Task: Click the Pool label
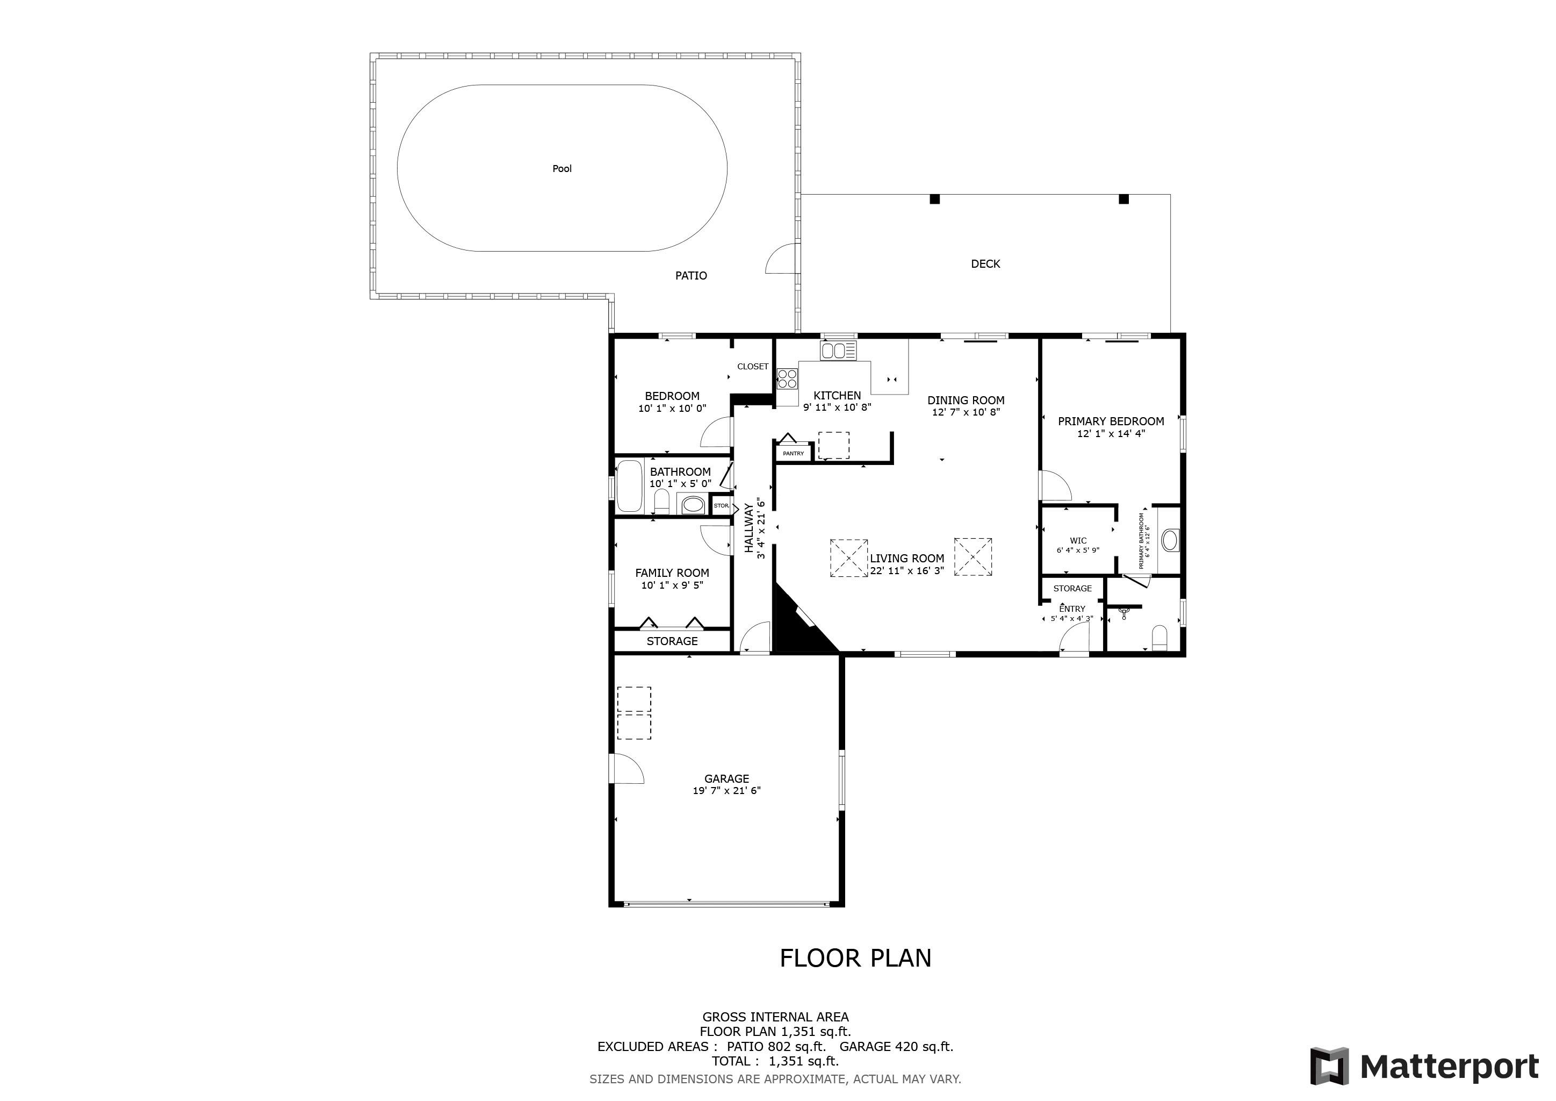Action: pyautogui.click(x=562, y=169)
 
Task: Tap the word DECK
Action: pyautogui.click(x=985, y=264)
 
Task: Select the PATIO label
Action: pyautogui.click(x=690, y=275)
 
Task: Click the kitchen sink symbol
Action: pyautogui.click(x=838, y=351)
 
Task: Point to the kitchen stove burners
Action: pyautogui.click(x=787, y=378)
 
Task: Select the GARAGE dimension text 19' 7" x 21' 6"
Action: pyautogui.click(x=726, y=790)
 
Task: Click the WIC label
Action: pyautogui.click(x=1078, y=541)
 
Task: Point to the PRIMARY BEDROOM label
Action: pyautogui.click(x=1111, y=421)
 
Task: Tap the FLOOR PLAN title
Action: pyautogui.click(x=855, y=958)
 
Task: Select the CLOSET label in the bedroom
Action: pyautogui.click(x=752, y=367)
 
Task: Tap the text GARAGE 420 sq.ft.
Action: pyautogui.click(x=896, y=1046)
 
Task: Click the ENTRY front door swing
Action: pyautogui.click(x=1074, y=641)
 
